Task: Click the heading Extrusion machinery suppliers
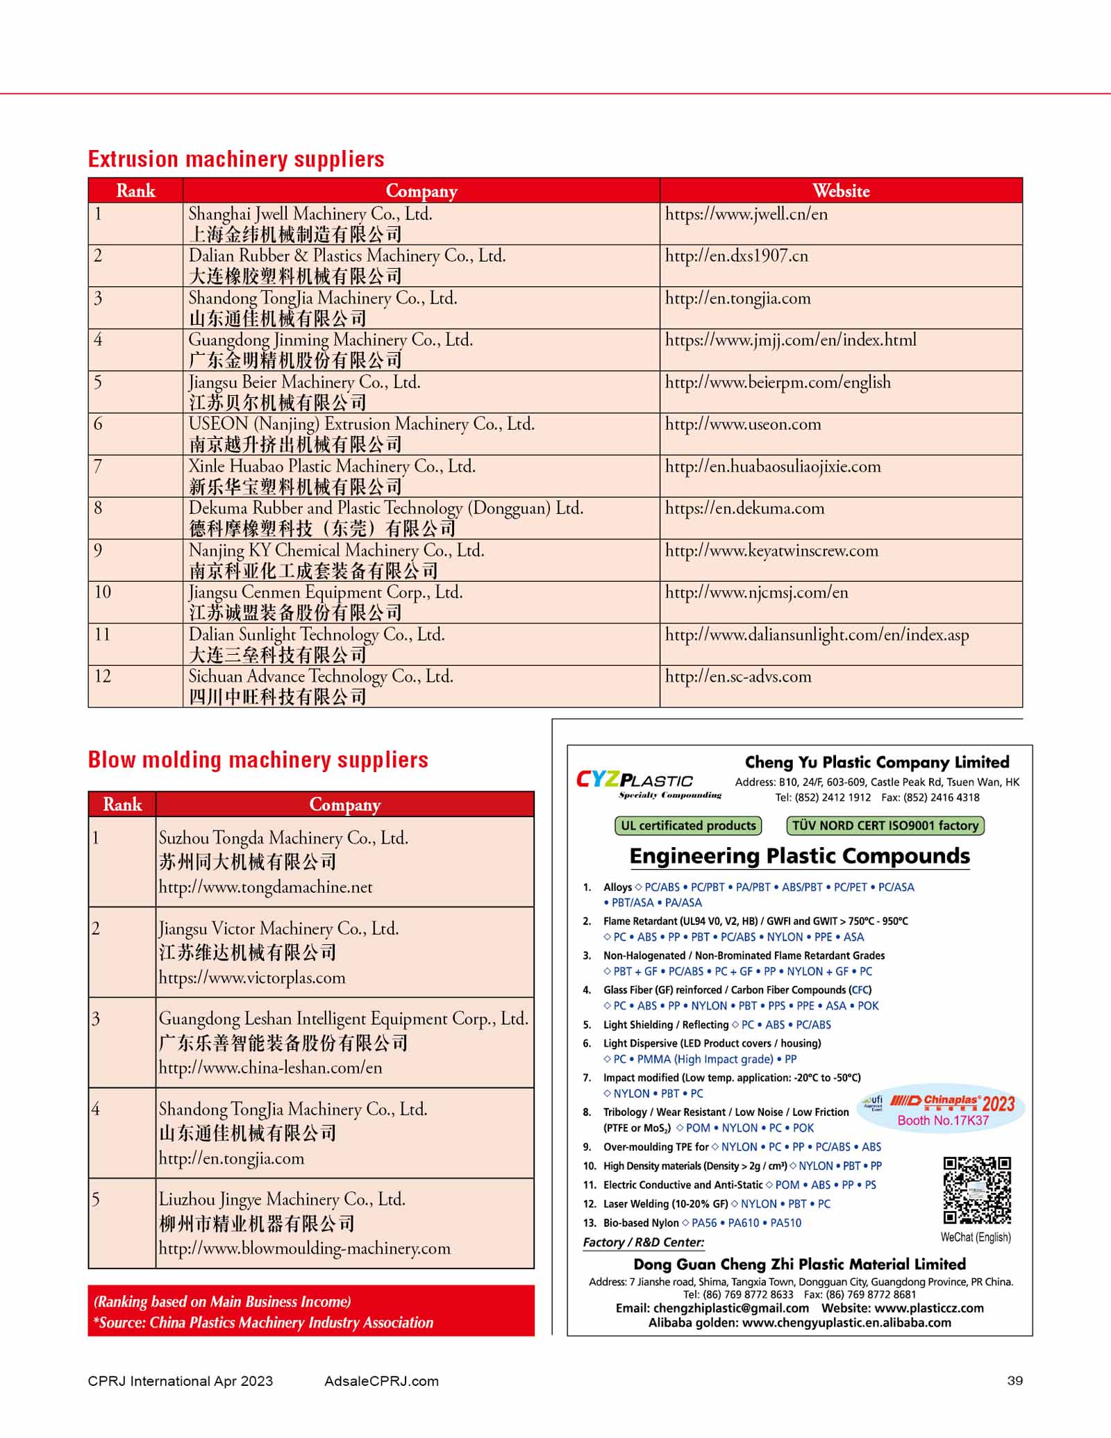click(x=236, y=159)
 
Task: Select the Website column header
click(x=840, y=191)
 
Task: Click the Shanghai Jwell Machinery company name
click(x=310, y=214)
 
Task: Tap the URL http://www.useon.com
click(x=743, y=424)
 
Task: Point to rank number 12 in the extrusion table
click(x=103, y=676)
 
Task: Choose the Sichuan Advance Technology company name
click(x=321, y=676)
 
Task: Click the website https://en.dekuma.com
click(x=744, y=508)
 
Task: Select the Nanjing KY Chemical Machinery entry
click(x=336, y=551)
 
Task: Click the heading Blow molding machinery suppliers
click(x=258, y=760)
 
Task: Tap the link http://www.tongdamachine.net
click(x=265, y=887)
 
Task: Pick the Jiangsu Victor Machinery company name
click(x=278, y=928)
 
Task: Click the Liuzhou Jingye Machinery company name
click(x=282, y=1199)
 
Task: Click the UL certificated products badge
click(x=688, y=826)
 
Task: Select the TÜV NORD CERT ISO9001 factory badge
click(x=885, y=826)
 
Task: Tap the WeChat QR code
click(x=976, y=1190)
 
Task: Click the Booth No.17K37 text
click(x=942, y=1121)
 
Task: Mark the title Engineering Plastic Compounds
click(x=799, y=856)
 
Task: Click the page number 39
click(x=1014, y=1381)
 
